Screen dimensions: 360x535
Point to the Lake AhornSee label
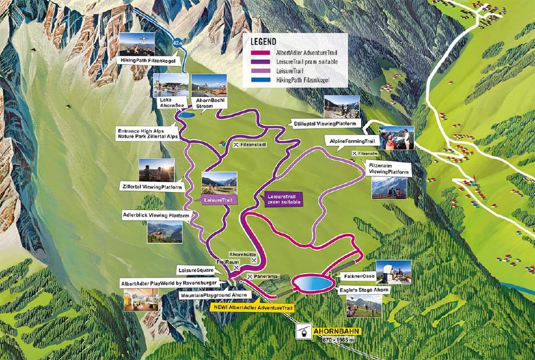click(166, 102)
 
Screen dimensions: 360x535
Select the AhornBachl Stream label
click(210, 102)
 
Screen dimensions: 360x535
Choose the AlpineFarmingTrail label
click(353, 140)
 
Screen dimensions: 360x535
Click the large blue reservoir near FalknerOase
click(312, 283)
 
